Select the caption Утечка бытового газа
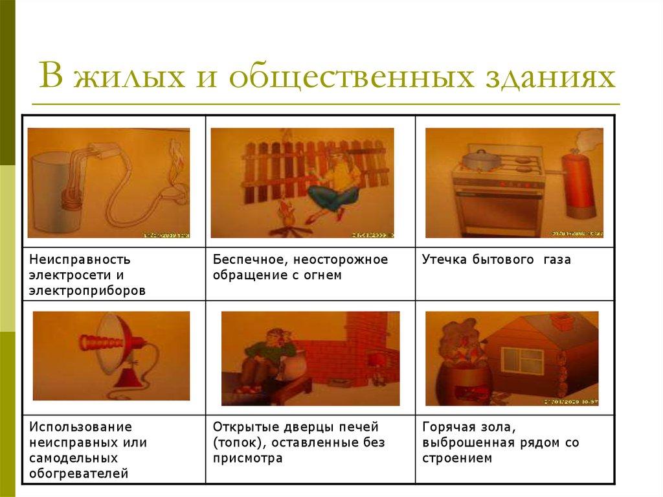click(x=496, y=260)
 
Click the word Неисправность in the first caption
click(x=80, y=260)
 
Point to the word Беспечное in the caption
click(x=249, y=260)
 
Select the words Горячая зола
click(x=468, y=427)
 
